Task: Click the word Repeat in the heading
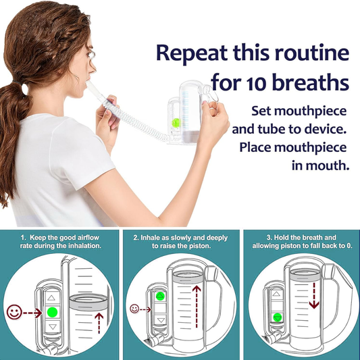pos(192,53)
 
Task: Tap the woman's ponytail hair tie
pos(18,83)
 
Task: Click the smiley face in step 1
pos(14,312)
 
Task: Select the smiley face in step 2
pos(134,309)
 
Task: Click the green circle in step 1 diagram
pos(53,312)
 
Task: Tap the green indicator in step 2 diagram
pos(161,296)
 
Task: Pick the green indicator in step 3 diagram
pos(278,317)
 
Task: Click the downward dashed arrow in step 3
pos(314,295)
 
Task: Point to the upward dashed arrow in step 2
pos(197,307)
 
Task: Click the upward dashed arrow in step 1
pos(99,323)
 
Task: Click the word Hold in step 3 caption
pos(281,237)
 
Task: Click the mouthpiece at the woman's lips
pos(91,87)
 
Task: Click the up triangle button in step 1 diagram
pos(51,298)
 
